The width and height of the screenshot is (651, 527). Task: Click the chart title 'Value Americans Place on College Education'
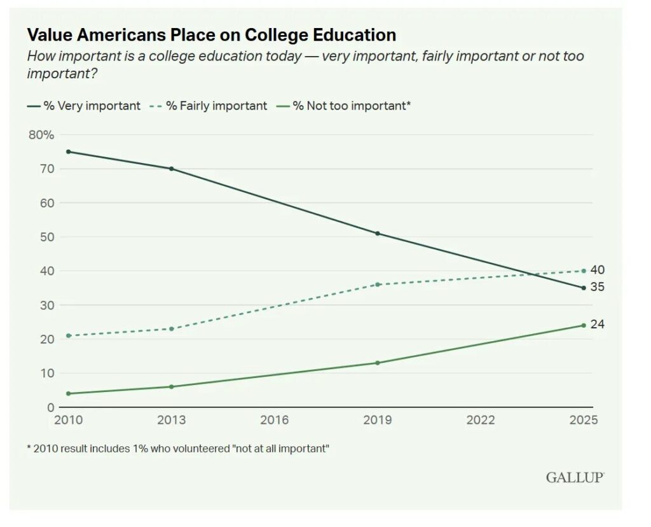coord(211,35)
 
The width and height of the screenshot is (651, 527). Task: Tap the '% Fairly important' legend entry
coord(209,106)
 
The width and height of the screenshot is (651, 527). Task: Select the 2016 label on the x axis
coord(275,420)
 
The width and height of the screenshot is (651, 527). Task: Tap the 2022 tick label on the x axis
coord(481,420)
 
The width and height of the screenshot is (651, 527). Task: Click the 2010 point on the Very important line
coord(68,151)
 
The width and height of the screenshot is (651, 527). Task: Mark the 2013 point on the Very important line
coord(171,169)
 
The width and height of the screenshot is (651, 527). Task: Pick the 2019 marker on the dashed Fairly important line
coord(378,285)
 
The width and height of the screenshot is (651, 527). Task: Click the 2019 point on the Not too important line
coord(378,363)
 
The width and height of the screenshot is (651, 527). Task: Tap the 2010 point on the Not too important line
coord(68,393)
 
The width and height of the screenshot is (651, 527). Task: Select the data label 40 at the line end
coord(597,270)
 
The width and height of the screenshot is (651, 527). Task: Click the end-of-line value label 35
coord(597,287)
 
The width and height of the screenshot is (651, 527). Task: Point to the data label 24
coord(597,325)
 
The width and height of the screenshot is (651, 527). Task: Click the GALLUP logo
coord(574,477)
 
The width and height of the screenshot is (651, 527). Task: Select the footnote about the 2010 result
coord(178,449)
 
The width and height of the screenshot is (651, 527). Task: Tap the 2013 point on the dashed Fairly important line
coord(171,328)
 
